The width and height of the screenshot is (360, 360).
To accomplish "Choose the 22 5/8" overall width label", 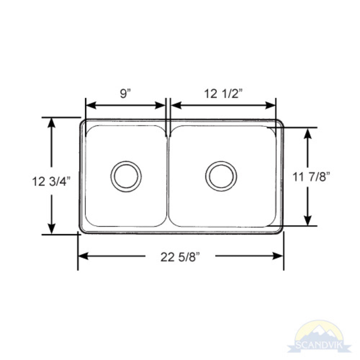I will coord(180,257).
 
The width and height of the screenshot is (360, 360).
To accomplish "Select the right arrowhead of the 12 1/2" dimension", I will coord(271,105).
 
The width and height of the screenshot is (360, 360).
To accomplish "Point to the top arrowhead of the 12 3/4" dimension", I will coord(51,123).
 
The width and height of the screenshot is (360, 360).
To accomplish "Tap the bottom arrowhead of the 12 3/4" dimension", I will coord(51,229).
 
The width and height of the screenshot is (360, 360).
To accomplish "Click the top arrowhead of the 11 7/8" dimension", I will coord(307,134).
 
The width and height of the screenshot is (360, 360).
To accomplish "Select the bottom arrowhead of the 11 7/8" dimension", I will coord(307,220).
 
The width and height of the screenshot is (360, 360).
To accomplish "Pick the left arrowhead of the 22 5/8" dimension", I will coord(83,256).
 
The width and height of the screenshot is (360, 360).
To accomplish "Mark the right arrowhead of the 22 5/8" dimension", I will coord(278,256).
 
